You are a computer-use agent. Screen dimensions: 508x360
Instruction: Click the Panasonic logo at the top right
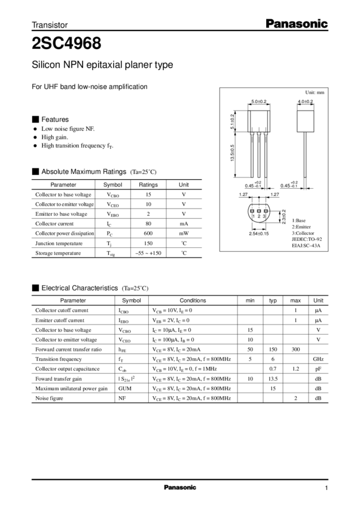tap(297, 25)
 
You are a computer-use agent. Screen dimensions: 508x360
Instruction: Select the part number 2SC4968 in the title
tap(66, 42)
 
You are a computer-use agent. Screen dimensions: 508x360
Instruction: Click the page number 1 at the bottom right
tap(327, 487)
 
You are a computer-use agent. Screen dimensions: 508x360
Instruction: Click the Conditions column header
tap(193, 300)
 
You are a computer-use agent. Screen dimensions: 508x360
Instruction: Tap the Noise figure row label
tap(50, 397)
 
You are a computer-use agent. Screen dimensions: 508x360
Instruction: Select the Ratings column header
tap(148, 185)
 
